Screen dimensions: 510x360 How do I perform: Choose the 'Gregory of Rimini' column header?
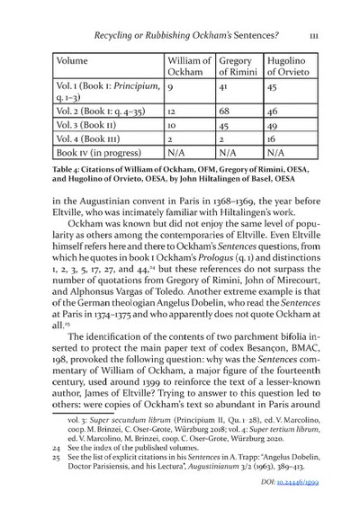click(x=235, y=71)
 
